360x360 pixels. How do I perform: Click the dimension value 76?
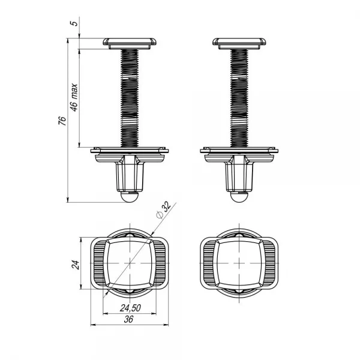pos(62,121)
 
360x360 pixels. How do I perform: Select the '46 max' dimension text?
pos(74,98)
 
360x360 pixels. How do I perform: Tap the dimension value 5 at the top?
pos(76,23)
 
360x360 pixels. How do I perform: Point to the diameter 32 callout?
pos(163,209)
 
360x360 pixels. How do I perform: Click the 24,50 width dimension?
pos(130,308)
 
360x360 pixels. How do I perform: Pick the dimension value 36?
pos(128,319)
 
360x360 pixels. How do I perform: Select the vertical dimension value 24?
pos(76,265)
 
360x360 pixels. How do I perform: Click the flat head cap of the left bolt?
pos(130,43)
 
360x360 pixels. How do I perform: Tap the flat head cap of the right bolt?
pos(239,43)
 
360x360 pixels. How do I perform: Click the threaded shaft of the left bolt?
pos(130,98)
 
